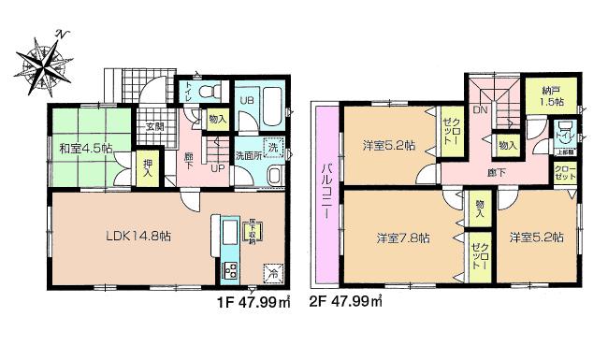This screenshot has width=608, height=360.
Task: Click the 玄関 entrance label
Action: [153, 126]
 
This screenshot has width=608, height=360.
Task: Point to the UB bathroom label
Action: [250, 102]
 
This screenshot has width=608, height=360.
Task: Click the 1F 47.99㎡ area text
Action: [248, 302]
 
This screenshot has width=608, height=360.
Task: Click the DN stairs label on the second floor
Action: [480, 111]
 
